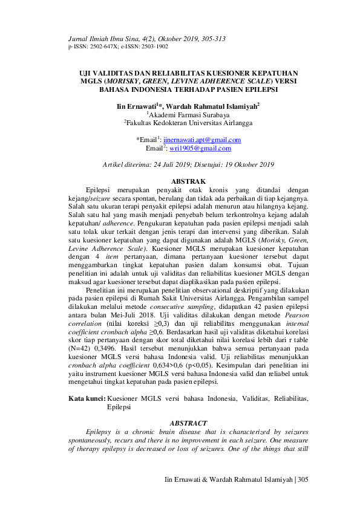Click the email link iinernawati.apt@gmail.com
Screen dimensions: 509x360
(202, 140)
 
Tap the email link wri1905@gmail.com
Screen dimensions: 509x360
(200, 148)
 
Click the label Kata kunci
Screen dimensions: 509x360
(86, 398)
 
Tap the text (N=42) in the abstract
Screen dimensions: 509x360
(80, 358)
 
